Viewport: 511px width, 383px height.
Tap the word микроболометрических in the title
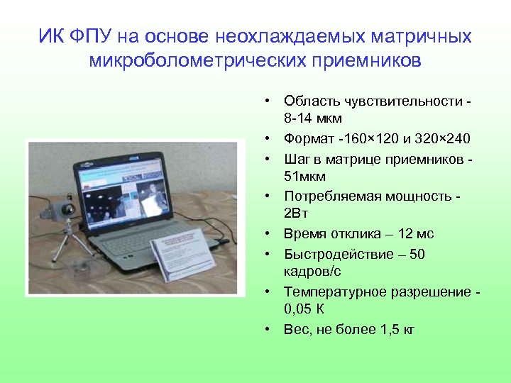click(195, 60)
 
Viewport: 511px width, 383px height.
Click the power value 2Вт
click(296, 214)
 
